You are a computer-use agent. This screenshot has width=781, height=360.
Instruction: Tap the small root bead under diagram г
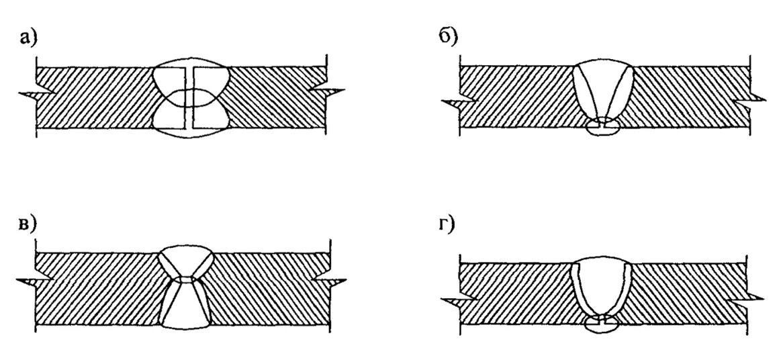tap(602, 324)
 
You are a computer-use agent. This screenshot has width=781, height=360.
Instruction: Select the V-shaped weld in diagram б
tap(602, 91)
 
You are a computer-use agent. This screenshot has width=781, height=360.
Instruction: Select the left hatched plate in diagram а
tap(94, 97)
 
